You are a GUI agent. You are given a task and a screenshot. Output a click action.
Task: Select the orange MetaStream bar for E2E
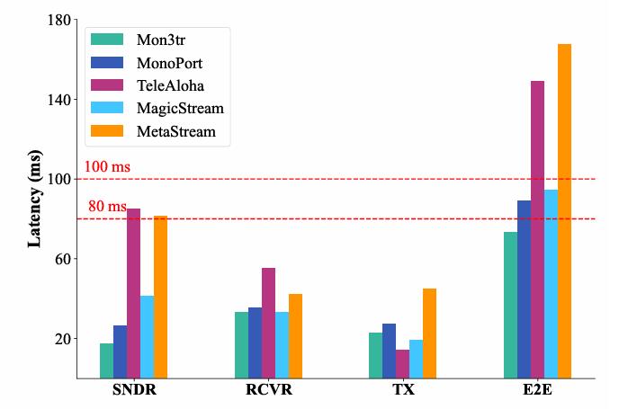pyautogui.click(x=564, y=211)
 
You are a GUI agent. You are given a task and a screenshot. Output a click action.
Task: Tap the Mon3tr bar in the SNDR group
pyautogui.click(x=106, y=360)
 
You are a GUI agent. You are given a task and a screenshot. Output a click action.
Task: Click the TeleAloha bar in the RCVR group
pyautogui.click(x=268, y=323)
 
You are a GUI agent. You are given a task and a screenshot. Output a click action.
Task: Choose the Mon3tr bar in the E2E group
pyautogui.click(x=510, y=305)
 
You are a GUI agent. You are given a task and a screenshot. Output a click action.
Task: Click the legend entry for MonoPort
pyautogui.click(x=169, y=64)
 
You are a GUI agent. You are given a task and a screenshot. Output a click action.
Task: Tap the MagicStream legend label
pyautogui.click(x=180, y=109)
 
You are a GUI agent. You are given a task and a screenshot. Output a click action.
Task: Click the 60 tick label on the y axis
pyautogui.click(x=63, y=259)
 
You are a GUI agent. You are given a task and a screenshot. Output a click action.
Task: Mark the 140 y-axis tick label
pyautogui.click(x=59, y=100)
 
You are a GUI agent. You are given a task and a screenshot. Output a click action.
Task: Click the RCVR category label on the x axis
pyautogui.click(x=268, y=391)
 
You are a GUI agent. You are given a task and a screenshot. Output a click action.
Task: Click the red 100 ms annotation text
pyautogui.click(x=107, y=167)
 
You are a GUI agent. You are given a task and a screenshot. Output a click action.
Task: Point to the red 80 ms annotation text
pyautogui.click(x=107, y=207)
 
